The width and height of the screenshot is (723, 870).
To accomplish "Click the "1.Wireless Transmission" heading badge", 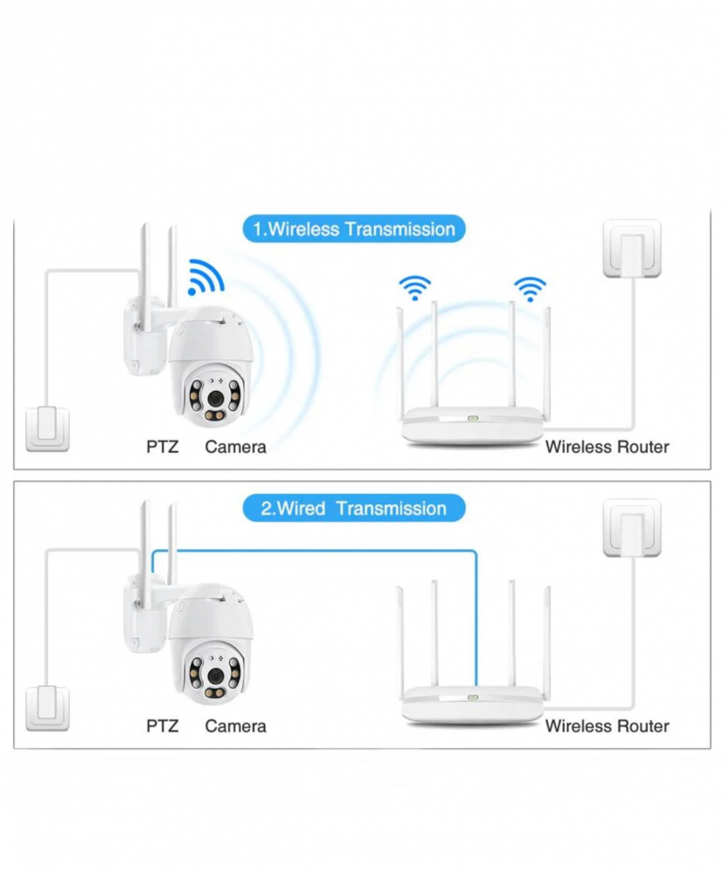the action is [354, 228].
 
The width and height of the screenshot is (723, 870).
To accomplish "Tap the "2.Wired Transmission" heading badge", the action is [354, 508].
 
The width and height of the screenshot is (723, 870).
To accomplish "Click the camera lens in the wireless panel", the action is [215, 397].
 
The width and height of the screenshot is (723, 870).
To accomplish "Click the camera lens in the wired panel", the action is [215, 675].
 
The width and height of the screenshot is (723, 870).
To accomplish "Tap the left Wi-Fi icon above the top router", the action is [415, 288].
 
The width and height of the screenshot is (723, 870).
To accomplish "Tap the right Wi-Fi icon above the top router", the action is [530, 289].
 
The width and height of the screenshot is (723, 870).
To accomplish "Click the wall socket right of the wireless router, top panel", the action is [632, 248].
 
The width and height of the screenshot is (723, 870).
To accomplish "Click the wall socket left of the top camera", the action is [48, 428].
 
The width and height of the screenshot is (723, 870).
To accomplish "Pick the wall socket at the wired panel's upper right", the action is [632, 528].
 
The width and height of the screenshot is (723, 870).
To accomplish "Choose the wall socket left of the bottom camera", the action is [48, 708].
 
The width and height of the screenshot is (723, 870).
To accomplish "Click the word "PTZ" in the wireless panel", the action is [162, 447].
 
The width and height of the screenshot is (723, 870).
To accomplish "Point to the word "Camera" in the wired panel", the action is [235, 725].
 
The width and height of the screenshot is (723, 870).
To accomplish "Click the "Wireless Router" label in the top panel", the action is [607, 447].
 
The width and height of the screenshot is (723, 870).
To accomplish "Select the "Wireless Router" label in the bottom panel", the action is [607, 725].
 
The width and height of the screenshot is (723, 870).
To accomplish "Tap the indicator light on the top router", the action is [472, 418].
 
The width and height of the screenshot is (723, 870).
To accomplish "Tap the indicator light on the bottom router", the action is [472, 698].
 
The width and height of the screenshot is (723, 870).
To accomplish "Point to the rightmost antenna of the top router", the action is [546, 361].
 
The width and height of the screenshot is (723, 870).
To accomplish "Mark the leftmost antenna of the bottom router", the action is [401, 642].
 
